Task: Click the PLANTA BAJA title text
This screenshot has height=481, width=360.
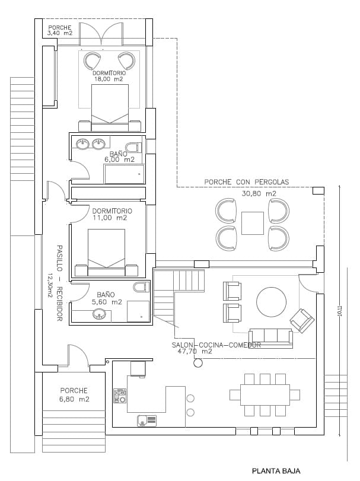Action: pyautogui.click(x=276, y=472)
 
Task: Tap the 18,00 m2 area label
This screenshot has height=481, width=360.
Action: pyautogui.click(x=109, y=78)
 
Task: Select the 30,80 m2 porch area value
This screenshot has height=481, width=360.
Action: pyautogui.click(x=259, y=193)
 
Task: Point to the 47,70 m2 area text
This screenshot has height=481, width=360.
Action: pyautogui.click(x=195, y=351)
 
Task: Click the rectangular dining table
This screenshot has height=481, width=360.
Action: pyautogui.click(x=265, y=394)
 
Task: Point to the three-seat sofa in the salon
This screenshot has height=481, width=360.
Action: pyautogui.click(x=270, y=337)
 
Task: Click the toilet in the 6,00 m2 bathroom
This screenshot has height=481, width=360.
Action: pyautogui.click(x=134, y=147)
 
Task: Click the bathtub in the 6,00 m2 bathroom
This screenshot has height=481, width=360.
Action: pyautogui.click(x=124, y=174)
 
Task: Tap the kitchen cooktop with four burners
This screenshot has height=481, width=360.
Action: pyautogui.click(x=120, y=396)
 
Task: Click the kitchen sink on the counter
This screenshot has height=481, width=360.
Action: pyautogui.click(x=146, y=421)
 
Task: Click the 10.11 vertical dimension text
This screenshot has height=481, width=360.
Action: pyautogui.click(x=339, y=311)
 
